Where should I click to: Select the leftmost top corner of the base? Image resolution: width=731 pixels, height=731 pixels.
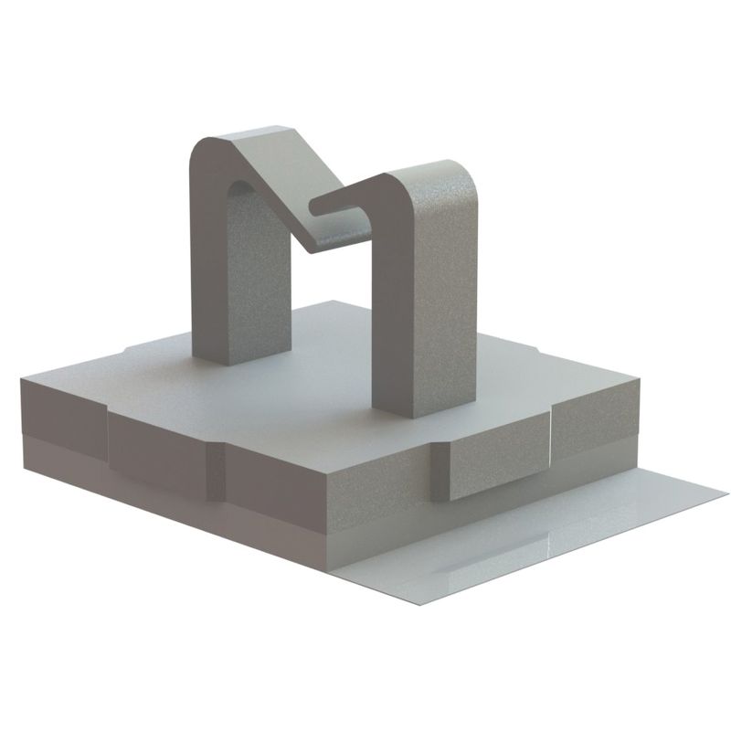point(22,384)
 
